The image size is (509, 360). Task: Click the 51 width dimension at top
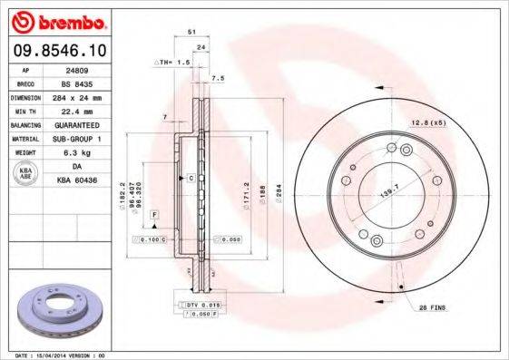[191, 33]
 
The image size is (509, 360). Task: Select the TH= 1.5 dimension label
[171, 63]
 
